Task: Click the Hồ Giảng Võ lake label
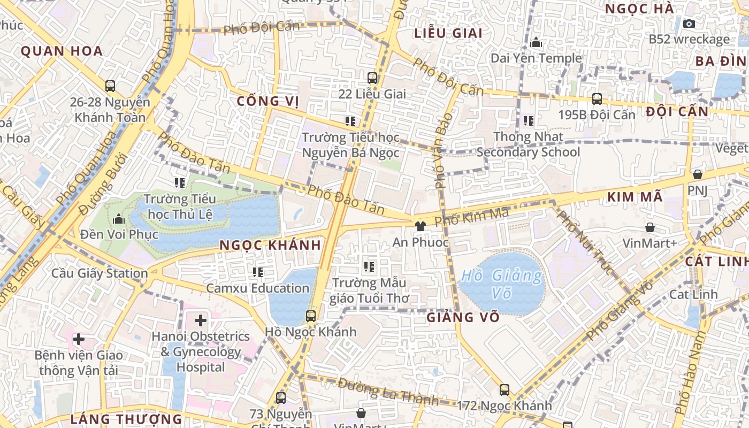click(x=502, y=284)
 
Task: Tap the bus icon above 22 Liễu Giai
click(x=372, y=78)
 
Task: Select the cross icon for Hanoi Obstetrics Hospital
click(x=201, y=320)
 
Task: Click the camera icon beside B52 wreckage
click(x=689, y=24)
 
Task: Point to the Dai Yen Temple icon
click(x=536, y=42)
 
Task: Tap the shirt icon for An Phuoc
click(x=421, y=226)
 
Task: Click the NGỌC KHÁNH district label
click(x=271, y=245)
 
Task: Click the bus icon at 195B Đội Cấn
click(x=597, y=99)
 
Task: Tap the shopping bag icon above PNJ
click(x=697, y=174)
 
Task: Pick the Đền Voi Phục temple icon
click(x=119, y=219)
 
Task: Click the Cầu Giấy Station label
click(x=100, y=273)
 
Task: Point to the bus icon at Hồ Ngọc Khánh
click(x=311, y=316)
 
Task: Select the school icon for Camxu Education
click(x=258, y=272)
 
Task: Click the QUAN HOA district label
click(x=62, y=51)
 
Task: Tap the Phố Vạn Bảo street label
click(x=444, y=150)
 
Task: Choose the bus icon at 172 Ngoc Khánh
click(x=504, y=389)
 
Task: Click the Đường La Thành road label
click(x=388, y=391)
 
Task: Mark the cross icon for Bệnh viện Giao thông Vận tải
click(x=79, y=339)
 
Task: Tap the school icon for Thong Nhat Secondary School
click(x=529, y=121)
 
